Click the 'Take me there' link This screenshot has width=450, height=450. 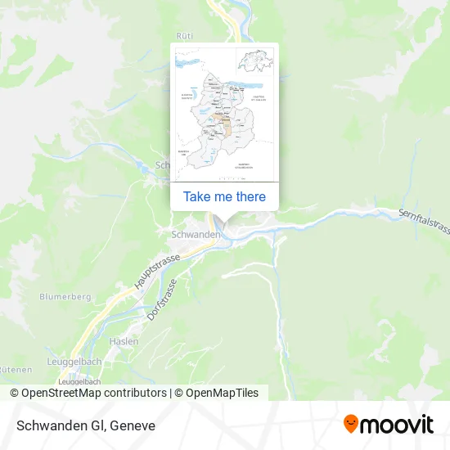coord(224,196)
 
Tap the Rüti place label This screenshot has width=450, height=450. coord(185,35)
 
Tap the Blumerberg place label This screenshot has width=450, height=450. coord(64,296)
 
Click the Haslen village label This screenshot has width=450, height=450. coord(125,340)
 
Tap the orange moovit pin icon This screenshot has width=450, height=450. coord(351,424)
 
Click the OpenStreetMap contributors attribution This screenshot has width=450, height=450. coord(88,393)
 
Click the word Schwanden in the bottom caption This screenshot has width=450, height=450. coord(54,425)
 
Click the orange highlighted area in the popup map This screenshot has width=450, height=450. coord(225,127)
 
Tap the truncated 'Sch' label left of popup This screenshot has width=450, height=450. coord(162,164)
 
